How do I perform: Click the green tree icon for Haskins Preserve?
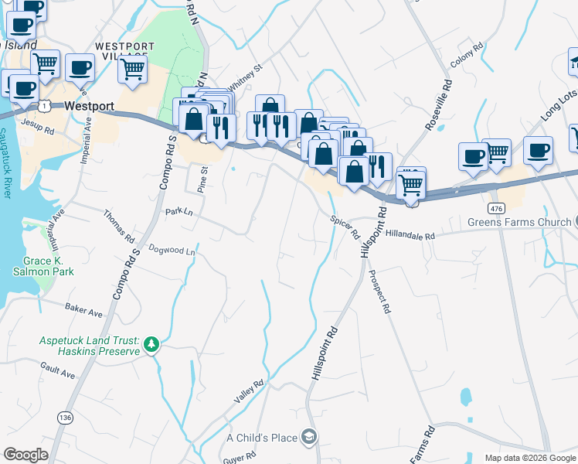pyautogui.click(x=152, y=344)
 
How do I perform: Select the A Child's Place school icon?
pyautogui.click(x=309, y=438)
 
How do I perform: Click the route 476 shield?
pyautogui.click(x=496, y=209)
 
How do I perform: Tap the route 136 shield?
pyautogui.click(x=66, y=418)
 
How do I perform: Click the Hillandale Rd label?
pyautogui.click(x=410, y=234)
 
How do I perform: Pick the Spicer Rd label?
pyautogui.click(x=345, y=227)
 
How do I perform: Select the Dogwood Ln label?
pyautogui.click(x=172, y=250)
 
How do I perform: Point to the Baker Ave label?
pyautogui.click(x=84, y=312)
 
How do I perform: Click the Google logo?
pyautogui.click(x=25, y=455)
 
